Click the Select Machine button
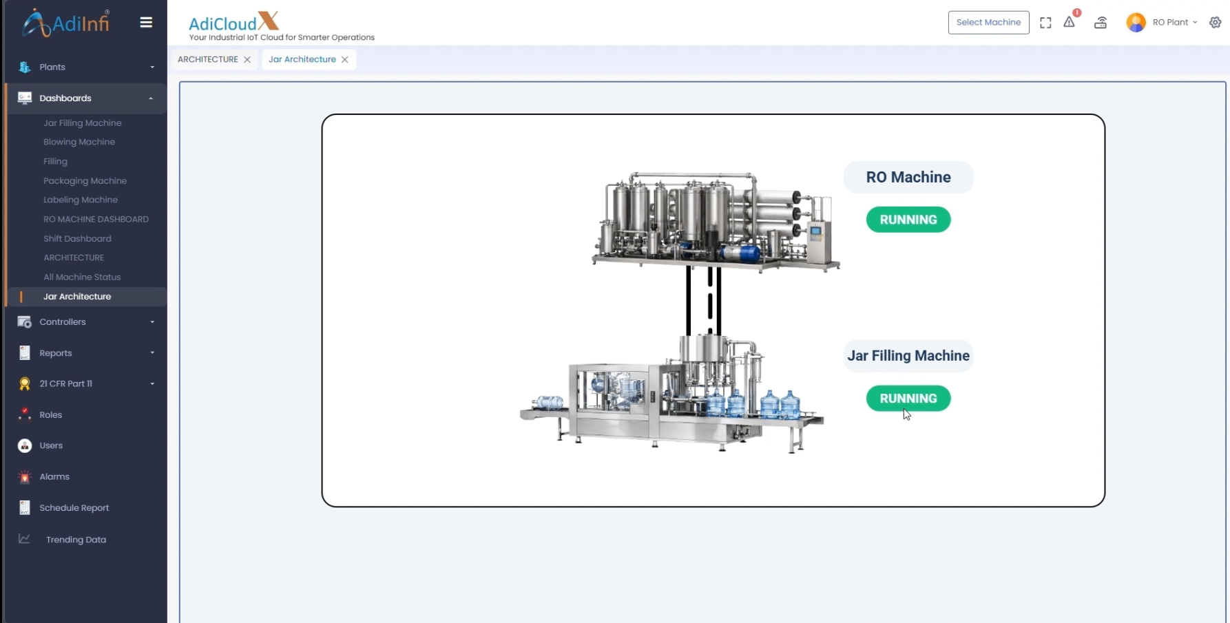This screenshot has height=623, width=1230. point(988,23)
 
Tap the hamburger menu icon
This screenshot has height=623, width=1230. point(146,23)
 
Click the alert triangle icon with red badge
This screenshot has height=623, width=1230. point(1070,21)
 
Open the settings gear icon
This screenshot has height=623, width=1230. point(1216,23)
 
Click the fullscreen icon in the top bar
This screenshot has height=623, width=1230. point(1045,23)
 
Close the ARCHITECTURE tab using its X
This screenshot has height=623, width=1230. point(247,60)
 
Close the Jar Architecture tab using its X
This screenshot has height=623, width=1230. point(345,60)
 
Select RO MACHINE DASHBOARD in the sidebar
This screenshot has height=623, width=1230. point(96,219)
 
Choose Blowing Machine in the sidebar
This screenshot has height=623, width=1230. point(79,142)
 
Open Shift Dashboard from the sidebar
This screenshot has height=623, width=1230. point(77,238)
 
